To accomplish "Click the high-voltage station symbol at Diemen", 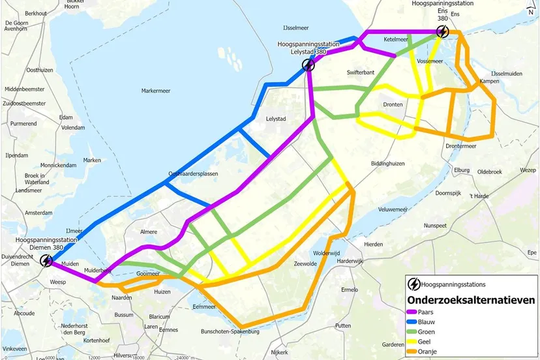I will (x=46, y=261).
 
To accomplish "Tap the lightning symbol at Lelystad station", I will (x=308, y=64).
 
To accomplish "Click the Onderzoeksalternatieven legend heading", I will (x=471, y=300).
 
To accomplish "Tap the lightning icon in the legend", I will (x=413, y=284).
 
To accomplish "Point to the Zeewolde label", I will (x=306, y=263).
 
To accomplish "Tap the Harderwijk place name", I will (x=349, y=260).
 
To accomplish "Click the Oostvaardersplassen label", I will (x=193, y=174).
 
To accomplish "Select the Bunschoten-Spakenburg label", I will (x=230, y=331).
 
